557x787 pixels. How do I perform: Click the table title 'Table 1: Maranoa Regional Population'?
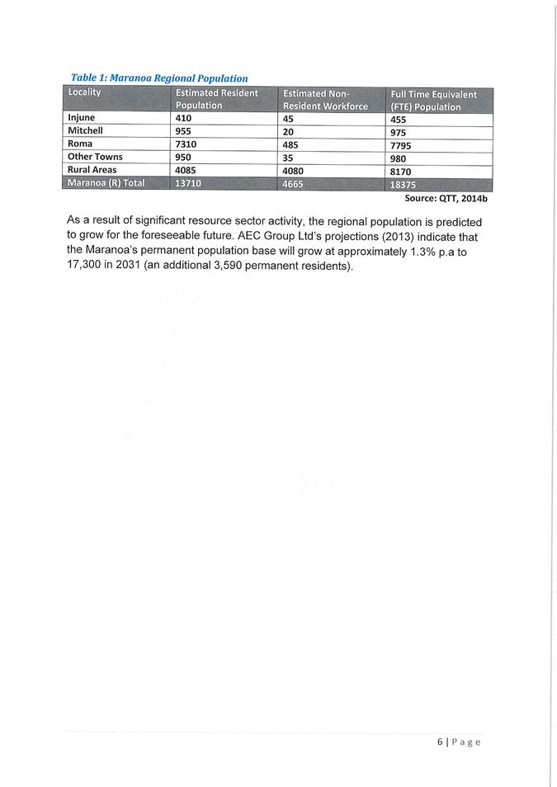[x=159, y=78]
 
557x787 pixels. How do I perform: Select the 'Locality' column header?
[x=85, y=92]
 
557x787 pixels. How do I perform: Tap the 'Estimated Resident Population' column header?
[x=216, y=99]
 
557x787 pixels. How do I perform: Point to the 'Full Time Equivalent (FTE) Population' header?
[x=433, y=101]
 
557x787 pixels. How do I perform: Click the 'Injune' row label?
[x=82, y=118]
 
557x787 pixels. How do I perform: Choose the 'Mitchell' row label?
[x=85, y=130]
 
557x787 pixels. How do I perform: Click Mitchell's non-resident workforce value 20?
[x=288, y=130]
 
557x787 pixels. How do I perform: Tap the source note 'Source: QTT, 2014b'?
[x=441, y=199]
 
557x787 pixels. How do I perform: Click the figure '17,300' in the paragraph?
[x=87, y=266]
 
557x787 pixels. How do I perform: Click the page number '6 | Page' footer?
[x=459, y=742]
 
